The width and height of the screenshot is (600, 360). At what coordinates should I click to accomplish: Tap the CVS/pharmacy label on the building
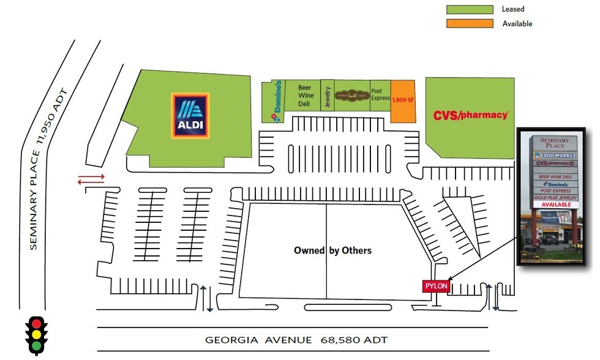pyautogui.click(x=471, y=115)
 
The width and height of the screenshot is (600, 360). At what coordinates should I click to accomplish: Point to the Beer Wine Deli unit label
pyautogui.click(x=304, y=96)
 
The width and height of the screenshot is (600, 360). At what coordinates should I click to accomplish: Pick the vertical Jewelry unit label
pyautogui.click(x=327, y=96)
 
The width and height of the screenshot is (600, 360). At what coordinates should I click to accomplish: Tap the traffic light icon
pyautogui.click(x=36, y=336)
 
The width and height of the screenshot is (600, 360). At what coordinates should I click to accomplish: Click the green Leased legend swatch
pyautogui.click(x=470, y=9)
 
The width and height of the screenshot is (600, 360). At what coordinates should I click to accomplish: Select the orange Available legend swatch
pyautogui.click(x=470, y=23)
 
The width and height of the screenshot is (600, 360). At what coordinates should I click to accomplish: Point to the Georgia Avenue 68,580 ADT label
pyautogui.click(x=296, y=340)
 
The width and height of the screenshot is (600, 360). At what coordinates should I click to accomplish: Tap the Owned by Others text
pyautogui.click(x=332, y=250)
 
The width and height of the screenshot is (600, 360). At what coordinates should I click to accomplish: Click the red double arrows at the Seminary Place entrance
pyautogui.click(x=91, y=179)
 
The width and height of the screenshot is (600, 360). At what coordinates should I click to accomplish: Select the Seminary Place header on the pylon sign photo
pyautogui.click(x=553, y=143)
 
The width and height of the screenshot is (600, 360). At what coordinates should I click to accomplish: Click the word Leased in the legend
pyautogui.click(x=513, y=9)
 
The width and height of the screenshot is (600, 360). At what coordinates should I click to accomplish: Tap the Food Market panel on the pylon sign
pyautogui.click(x=553, y=156)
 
